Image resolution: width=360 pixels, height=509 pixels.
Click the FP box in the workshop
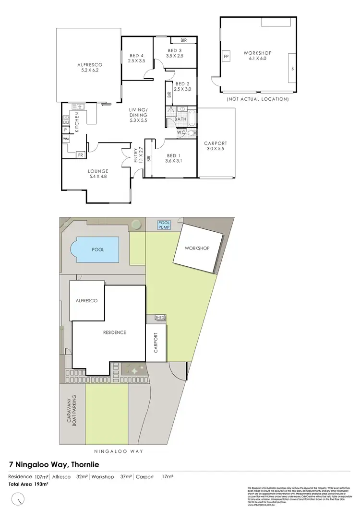[x=226, y=57]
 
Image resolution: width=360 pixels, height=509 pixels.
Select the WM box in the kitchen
[x=65, y=139]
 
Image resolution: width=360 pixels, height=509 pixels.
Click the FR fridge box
[x=80, y=155]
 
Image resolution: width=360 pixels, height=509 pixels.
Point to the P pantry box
[x=65, y=130]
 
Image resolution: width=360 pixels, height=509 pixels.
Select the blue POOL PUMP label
[x=165, y=224]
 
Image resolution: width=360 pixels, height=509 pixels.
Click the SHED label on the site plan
[x=159, y=317]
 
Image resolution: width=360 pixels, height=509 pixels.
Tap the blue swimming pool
[x=96, y=249]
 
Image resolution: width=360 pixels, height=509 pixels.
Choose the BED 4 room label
[x=136, y=59]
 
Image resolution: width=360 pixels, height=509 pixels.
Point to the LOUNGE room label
[x=98, y=174]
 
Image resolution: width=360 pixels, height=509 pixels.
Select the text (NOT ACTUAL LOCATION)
[x=257, y=99]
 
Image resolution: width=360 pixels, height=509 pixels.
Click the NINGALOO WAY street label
[x=120, y=451]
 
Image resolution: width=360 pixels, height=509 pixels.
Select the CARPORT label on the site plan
[x=156, y=343]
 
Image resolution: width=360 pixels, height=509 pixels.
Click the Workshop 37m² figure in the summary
[x=110, y=477]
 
